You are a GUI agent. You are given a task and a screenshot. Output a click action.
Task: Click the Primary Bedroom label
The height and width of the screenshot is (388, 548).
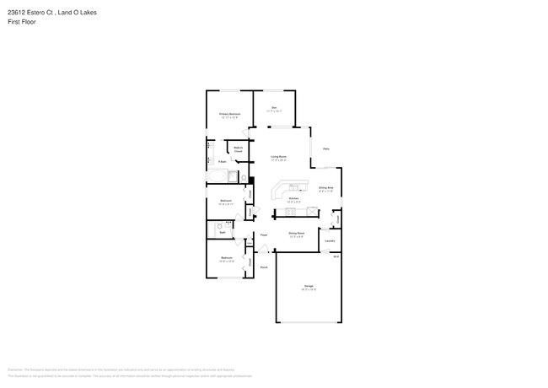tap(230, 114)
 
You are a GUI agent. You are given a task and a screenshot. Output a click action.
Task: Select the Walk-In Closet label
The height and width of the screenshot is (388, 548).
tap(239, 150)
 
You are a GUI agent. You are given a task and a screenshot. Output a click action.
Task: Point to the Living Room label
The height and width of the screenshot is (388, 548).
tap(278, 158)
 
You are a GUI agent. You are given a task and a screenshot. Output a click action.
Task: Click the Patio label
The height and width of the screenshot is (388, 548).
tap(325, 148)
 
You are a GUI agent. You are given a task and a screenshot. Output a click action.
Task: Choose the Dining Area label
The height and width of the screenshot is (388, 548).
tap(325, 189)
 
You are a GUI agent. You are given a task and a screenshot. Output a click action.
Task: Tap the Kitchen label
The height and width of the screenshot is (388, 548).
tap(293, 201)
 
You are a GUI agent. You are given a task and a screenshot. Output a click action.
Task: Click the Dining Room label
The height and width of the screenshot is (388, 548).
tap(296, 234)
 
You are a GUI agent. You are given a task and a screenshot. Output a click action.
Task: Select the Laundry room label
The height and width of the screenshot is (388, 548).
tap(330, 240)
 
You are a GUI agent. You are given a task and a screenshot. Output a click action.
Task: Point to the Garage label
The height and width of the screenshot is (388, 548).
tap(309, 288)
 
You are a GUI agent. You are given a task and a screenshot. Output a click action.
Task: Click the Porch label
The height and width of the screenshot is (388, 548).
tap(264, 267)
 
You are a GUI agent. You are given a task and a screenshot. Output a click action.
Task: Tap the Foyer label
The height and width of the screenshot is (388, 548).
tap(264, 234)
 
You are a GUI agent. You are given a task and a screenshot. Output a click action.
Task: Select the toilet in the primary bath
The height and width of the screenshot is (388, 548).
tap(244, 178)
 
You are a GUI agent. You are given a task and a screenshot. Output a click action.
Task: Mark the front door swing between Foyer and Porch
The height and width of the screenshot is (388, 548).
tap(264, 249)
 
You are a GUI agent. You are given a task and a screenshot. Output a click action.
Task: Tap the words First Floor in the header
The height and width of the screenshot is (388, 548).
tap(22, 22)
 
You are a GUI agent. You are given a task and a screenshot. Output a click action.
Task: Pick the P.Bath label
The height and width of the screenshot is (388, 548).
tap(222, 161)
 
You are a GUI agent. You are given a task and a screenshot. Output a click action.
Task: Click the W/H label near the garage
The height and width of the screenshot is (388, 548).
tap(336, 256)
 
